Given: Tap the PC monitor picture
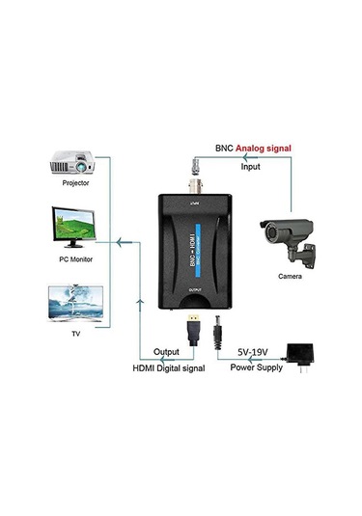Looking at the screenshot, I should point(73,228).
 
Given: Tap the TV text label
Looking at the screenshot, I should point(75,332).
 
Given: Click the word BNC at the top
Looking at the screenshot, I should point(201,148).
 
